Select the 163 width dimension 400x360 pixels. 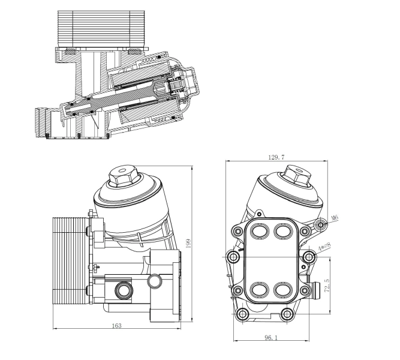click(117, 326)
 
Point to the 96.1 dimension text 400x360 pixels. click(270, 338)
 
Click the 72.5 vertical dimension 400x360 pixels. click(326, 285)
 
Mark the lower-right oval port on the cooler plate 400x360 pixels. click(282, 290)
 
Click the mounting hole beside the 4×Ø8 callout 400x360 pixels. click(309, 257)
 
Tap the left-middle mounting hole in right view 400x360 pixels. click(233, 257)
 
